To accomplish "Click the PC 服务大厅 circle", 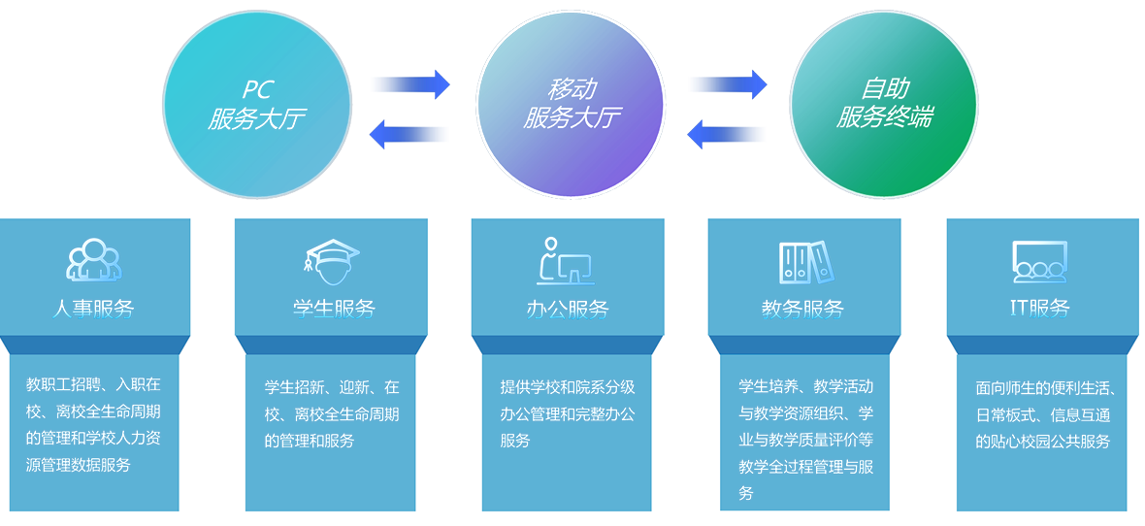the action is [256, 104].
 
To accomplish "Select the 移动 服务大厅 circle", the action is [571, 104].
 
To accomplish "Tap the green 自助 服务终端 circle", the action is [884, 104].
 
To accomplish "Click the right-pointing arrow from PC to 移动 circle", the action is [411, 84].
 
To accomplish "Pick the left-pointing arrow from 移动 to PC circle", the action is [408, 135].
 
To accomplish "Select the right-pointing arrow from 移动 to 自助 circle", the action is [729, 84].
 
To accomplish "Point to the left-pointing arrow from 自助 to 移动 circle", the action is [725, 135].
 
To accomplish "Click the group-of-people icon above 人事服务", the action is [93, 261].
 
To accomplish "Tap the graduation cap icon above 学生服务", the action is [332, 261].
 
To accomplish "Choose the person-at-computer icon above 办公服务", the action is [566, 261].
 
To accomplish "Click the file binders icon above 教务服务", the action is [805, 261].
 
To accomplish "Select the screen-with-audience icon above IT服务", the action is [1040, 261].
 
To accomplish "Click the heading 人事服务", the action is [93, 309].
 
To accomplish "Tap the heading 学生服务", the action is [334, 309].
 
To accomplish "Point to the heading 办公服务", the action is [568, 309].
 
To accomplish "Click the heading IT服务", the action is [1040, 309].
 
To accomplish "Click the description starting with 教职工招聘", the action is [93, 425].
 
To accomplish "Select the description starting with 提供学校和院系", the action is [568, 413].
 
